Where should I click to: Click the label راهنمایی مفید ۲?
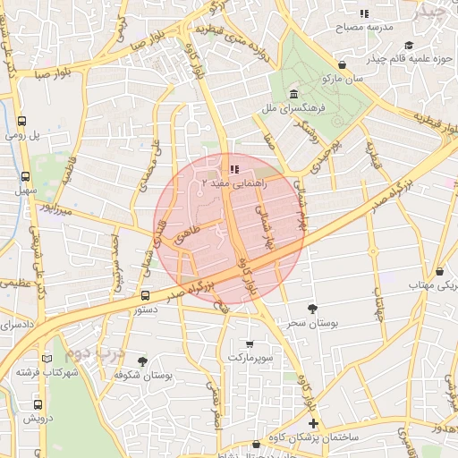pyautogui.click(x=230, y=182)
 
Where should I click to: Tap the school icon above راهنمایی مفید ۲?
pyautogui.click(x=233, y=169)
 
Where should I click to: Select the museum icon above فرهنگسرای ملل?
pyautogui.click(x=293, y=95)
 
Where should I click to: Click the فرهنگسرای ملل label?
pyautogui.click(x=283, y=108)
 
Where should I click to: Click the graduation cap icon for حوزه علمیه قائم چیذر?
pyautogui.click(x=409, y=46)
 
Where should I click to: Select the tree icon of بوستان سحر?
pyautogui.click(x=311, y=309)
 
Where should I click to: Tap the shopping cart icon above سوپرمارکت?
pyautogui.click(x=250, y=343)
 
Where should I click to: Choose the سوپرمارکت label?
pyautogui.click(x=248, y=357)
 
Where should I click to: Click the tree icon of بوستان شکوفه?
pyautogui.click(x=142, y=361)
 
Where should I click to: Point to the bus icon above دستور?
pyautogui.click(x=145, y=294)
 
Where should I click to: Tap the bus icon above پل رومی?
pyautogui.click(x=22, y=122)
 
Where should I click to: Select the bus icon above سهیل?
pyautogui.click(x=25, y=176)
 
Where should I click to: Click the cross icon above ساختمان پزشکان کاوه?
pyautogui.click(x=312, y=423)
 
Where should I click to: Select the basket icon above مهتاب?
pyautogui.click(x=439, y=272)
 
